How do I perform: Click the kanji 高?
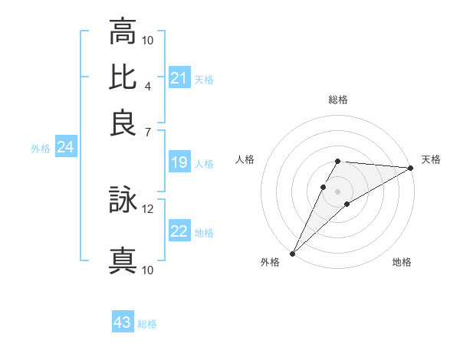[123, 31]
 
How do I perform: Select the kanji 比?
[123, 77]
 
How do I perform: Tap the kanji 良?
[123, 123]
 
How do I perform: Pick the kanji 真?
[123, 261]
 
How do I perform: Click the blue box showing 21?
[179, 78]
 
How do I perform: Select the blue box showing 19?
[179, 162]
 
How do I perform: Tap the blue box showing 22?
[179, 232]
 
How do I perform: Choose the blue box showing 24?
[65, 148]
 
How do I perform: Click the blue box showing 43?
[123, 322]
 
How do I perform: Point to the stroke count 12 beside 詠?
[148, 208]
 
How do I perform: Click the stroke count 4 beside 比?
[148, 85]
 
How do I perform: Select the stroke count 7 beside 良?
[148, 131]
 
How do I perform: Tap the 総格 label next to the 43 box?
[147, 324]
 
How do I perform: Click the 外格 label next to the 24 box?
[41, 149]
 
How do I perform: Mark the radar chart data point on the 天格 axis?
[411, 169]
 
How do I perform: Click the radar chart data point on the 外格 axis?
[292, 253]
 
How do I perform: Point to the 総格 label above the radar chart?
[337, 100]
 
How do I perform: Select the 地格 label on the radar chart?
[402, 263]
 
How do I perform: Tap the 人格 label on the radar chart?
[245, 159]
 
